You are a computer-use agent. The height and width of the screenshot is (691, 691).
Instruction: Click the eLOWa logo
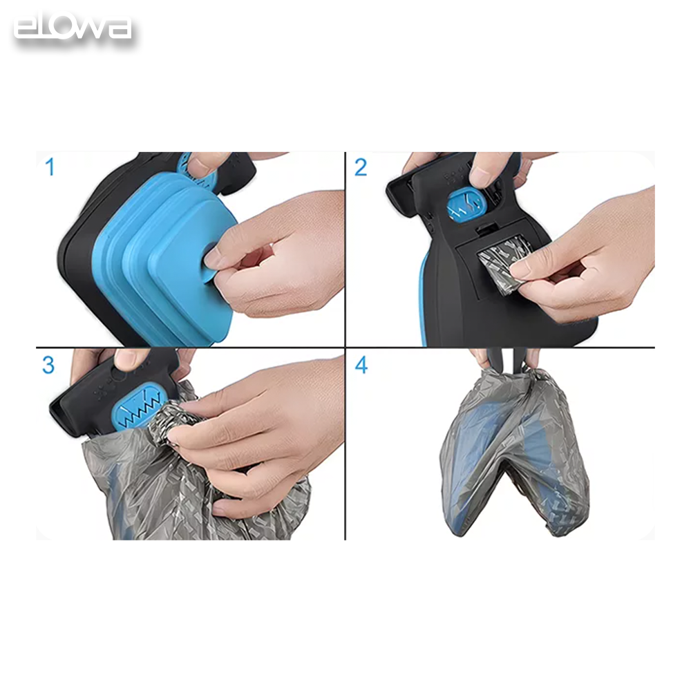pos(72,29)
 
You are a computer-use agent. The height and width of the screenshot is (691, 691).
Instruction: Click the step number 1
pos(50,167)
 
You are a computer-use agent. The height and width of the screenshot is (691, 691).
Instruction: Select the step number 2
pos(361,167)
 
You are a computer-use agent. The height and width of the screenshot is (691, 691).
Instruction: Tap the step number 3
pos(48,365)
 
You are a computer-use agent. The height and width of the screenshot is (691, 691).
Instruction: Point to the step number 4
pos(361,365)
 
